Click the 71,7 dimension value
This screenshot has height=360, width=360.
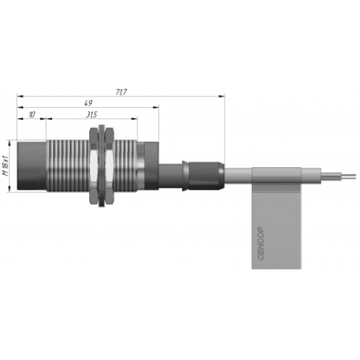click(x=121, y=92)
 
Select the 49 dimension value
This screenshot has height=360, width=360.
click(x=89, y=103)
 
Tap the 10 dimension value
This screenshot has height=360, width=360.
click(x=32, y=114)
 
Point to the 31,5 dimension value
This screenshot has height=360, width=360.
click(x=91, y=114)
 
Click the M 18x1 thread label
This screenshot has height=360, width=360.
click(x=6, y=166)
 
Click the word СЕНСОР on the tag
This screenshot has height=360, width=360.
click(x=261, y=243)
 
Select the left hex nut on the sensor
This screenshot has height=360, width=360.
click(x=94, y=166)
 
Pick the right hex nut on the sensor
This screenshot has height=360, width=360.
click(x=109, y=166)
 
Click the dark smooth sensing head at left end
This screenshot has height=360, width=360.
click(x=32, y=166)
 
